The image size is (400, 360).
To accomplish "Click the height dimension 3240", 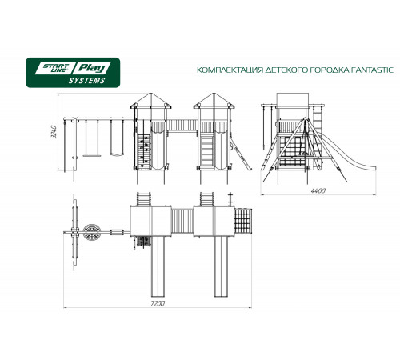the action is [54, 131].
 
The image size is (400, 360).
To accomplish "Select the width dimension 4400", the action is [318, 191].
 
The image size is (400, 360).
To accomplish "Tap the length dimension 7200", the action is [158, 304].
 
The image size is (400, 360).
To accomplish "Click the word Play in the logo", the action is [92, 68].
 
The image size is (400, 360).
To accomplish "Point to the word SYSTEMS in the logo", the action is [86, 81].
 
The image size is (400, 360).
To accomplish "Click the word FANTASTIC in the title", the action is [371, 70].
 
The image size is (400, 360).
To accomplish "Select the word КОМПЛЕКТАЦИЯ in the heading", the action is [230, 70].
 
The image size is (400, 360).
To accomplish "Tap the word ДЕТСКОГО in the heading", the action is [286, 70].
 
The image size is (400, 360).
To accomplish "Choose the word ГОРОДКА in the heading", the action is [328, 70].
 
